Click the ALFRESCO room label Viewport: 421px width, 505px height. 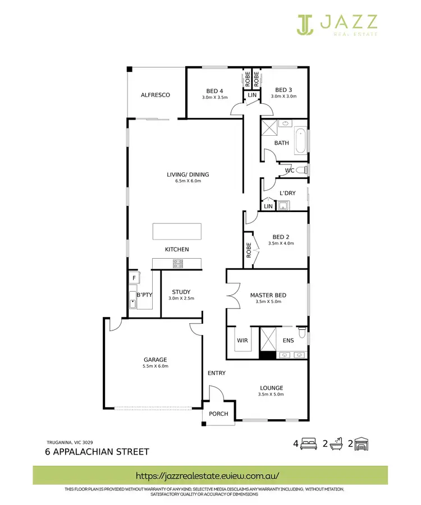(x=155, y=95)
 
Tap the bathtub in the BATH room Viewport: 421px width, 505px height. (x=302, y=141)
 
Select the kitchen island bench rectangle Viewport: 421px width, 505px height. (x=177, y=231)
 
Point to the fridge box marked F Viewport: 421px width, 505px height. (x=134, y=278)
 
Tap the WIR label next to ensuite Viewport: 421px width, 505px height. (x=242, y=340)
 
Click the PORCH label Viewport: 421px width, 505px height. (x=218, y=414)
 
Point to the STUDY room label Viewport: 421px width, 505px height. (x=181, y=292)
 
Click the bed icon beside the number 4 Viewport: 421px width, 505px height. (x=308, y=444)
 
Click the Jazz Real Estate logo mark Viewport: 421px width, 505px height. (x=306, y=23)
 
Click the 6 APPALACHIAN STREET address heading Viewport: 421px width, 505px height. (x=97, y=452)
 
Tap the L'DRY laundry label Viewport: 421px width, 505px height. (x=287, y=194)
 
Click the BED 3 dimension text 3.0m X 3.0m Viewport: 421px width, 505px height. (x=283, y=97)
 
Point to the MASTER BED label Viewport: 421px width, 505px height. (x=267, y=295)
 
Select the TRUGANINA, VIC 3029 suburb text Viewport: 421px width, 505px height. (x=70, y=442)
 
